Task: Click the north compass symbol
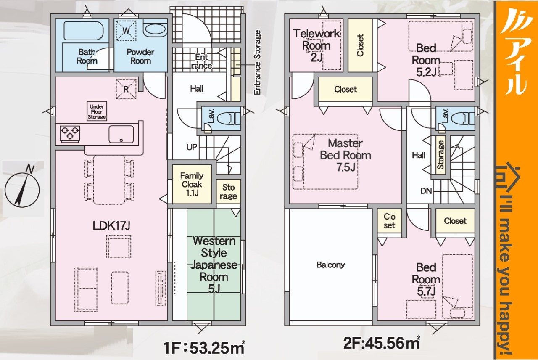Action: point(22,188)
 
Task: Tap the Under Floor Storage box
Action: point(97,111)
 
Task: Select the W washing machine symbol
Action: point(126,31)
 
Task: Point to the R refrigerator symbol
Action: point(126,89)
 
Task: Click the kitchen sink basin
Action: point(121,134)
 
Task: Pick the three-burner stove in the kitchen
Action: point(70,134)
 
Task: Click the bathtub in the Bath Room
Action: point(84,31)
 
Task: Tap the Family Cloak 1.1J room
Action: point(192,184)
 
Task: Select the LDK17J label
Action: point(111,226)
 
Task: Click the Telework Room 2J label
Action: point(316,45)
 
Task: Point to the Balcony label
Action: point(331,265)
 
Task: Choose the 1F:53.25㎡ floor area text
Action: point(204,347)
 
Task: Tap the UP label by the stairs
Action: point(192,147)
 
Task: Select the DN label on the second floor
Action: point(426,191)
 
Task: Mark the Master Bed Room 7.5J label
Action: point(345,155)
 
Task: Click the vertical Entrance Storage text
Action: point(257,62)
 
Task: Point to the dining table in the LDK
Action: point(109,180)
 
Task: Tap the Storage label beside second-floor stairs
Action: point(440,155)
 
